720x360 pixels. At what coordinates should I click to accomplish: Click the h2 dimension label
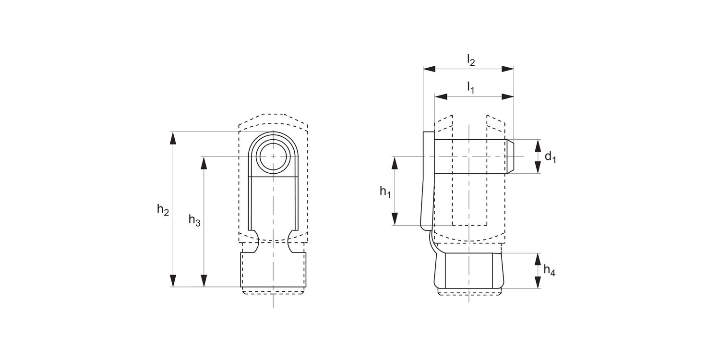(x=163, y=210)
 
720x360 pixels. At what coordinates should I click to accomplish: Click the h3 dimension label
(x=194, y=220)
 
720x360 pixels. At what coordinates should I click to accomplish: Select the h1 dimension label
(x=385, y=192)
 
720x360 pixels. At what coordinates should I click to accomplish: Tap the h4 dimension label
(x=550, y=271)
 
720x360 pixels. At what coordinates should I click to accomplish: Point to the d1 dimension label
(x=550, y=157)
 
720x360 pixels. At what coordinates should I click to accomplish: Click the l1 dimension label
(x=470, y=88)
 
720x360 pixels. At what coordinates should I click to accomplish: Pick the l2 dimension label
(x=471, y=60)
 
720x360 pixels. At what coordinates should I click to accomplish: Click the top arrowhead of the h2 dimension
(x=173, y=138)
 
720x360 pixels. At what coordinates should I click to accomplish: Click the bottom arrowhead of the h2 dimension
(x=173, y=281)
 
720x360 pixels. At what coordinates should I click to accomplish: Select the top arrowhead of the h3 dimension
(x=204, y=163)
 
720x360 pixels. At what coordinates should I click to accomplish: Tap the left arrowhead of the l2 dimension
(x=429, y=69)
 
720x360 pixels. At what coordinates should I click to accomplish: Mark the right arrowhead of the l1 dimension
(x=507, y=96)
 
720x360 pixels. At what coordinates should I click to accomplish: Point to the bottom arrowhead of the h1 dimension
(x=395, y=219)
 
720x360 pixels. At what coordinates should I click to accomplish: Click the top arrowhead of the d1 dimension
(x=538, y=145)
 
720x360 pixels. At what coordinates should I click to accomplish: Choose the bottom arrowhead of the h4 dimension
(x=538, y=282)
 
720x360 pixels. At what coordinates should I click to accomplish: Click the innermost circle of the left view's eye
(x=273, y=156)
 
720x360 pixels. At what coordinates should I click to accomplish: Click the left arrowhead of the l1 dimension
(x=441, y=96)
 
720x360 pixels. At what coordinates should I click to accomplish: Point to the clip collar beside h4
(x=469, y=270)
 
